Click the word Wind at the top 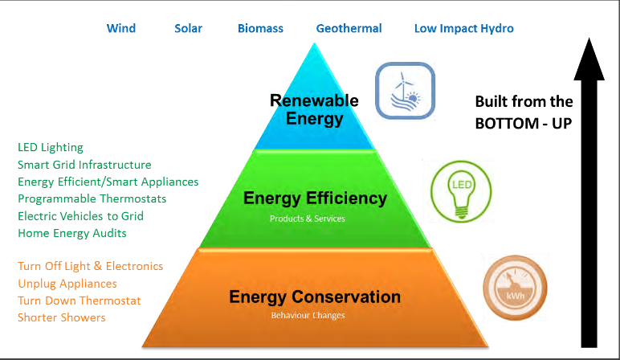(x=121, y=28)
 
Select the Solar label (x=188, y=28)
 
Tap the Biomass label (x=260, y=28)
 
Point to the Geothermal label (x=349, y=28)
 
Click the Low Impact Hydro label (x=464, y=28)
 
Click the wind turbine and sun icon (x=406, y=91)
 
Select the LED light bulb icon (x=461, y=191)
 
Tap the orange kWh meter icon (x=515, y=288)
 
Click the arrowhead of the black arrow (x=589, y=59)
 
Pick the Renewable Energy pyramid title (x=314, y=109)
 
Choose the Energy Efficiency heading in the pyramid (x=315, y=198)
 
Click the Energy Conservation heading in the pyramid (x=315, y=297)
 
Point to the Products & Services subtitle (x=308, y=219)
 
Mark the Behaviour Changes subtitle (x=308, y=315)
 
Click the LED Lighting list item (x=51, y=148)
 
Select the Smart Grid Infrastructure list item (x=84, y=165)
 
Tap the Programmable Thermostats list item (x=92, y=198)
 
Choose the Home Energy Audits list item (x=72, y=233)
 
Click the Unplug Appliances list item (x=67, y=284)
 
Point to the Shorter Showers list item (x=61, y=317)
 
